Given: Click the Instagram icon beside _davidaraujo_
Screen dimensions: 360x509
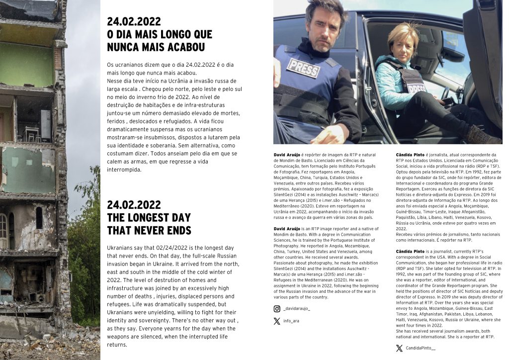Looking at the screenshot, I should (x=277, y=309).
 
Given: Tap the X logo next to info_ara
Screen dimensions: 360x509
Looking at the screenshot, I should (x=277, y=321).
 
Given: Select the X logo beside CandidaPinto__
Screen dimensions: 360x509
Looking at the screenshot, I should (x=399, y=348).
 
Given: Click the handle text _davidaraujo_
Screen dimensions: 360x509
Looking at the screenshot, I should (x=297, y=309).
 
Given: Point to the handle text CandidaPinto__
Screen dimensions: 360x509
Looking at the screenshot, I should (x=421, y=348).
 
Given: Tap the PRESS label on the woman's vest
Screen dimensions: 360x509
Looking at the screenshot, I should (x=417, y=89).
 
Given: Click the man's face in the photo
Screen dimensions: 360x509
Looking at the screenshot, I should (x=324, y=29).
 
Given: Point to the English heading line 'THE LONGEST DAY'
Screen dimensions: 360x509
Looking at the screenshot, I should (x=149, y=218).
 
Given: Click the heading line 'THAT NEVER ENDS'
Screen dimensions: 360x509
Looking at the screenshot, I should (x=149, y=230).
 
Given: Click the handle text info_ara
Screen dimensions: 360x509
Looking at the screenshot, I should (x=291, y=321).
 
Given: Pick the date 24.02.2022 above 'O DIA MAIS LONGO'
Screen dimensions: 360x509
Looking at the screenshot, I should (x=134, y=21).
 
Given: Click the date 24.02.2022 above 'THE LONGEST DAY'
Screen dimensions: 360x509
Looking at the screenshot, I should (x=134, y=205).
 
